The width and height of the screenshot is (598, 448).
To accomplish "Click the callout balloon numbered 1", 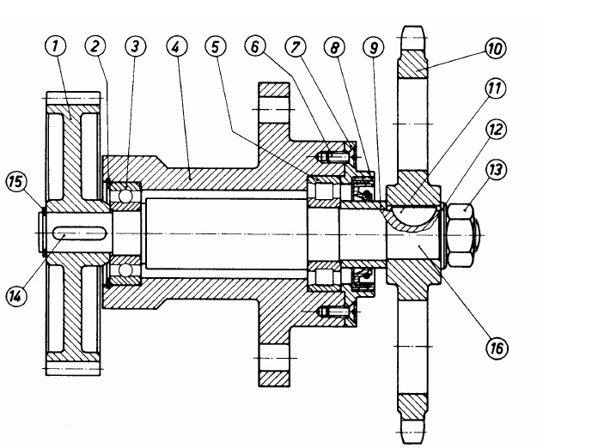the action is [x=55, y=46].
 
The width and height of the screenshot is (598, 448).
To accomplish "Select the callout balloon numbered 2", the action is [x=95, y=45].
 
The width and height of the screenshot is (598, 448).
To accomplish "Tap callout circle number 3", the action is [x=136, y=46].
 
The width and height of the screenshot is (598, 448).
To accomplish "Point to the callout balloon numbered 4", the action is [x=177, y=46].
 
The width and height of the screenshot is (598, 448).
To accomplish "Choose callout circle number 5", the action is [x=216, y=46].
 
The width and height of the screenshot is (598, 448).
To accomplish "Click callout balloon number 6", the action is [x=255, y=46].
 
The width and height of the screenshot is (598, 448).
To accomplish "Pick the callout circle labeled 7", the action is [x=296, y=47].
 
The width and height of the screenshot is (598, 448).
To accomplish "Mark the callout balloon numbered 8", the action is [x=335, y=47].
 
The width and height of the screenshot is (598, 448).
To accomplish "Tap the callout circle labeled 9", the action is [x=374, y=47].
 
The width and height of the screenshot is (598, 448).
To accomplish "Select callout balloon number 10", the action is [x=496, y=48].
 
